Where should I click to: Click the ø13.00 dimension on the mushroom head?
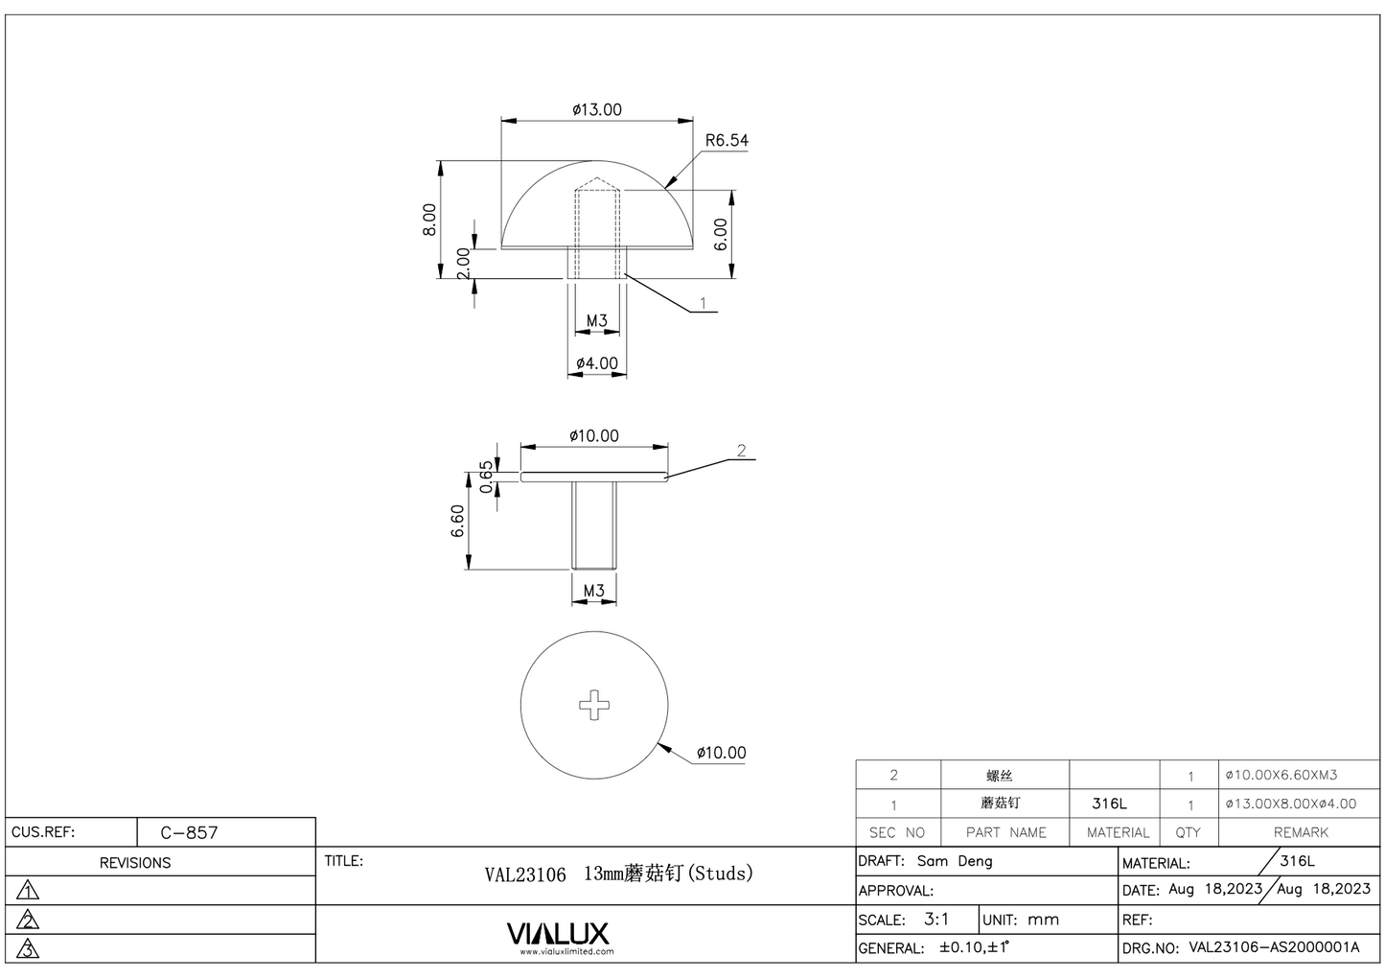tap(597, 109)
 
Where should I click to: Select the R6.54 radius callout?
tap(726, 140)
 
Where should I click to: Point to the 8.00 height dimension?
tap(430, 220)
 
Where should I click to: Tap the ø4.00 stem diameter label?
tap(597, 363)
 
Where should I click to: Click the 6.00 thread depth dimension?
tap(721, 234)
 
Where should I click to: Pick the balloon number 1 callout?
tap(703, 303)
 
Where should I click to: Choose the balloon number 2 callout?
tap(741, 451)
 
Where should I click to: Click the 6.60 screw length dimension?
tap(457, 522)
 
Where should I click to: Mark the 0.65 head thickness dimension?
tap(486, 477)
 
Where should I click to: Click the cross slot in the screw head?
tap(594, 705)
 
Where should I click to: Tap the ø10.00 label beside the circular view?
tap(721, 753)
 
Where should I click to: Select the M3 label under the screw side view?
tap(594, 591)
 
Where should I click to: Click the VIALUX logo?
tap(557, 934)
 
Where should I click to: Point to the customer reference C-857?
tap(189, 832)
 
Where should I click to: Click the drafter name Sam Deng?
tap(955, 861)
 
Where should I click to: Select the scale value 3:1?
tap(936, 919)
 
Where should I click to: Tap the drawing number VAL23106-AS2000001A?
tap(1274, 947)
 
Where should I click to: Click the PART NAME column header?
tap(1005, 832)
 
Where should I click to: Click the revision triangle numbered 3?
tap(29, 949)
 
